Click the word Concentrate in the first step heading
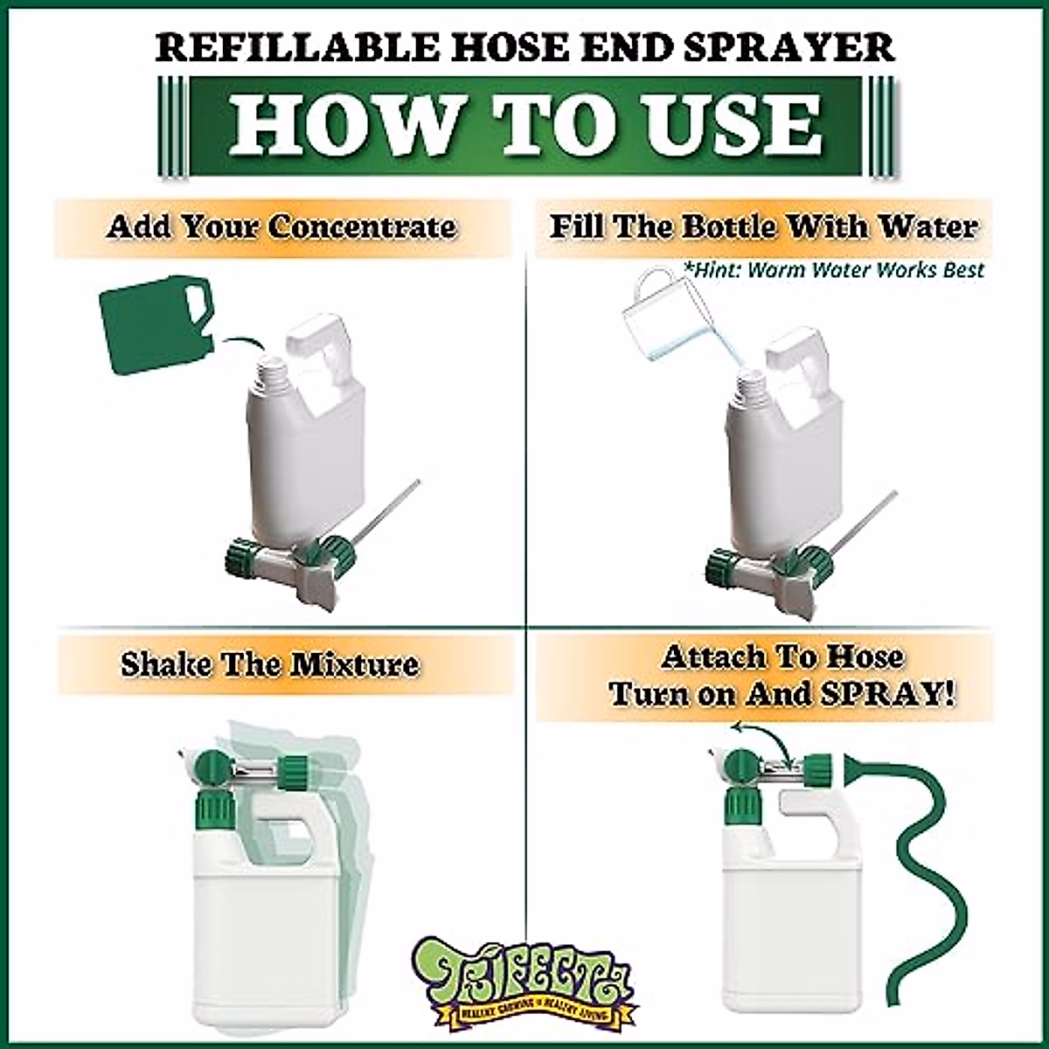tap(362, 226)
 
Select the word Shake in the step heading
tap(166, 664)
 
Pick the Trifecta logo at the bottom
tap(524, 979)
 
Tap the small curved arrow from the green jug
tap(240, 341)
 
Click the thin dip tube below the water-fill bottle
tap(865, 522)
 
